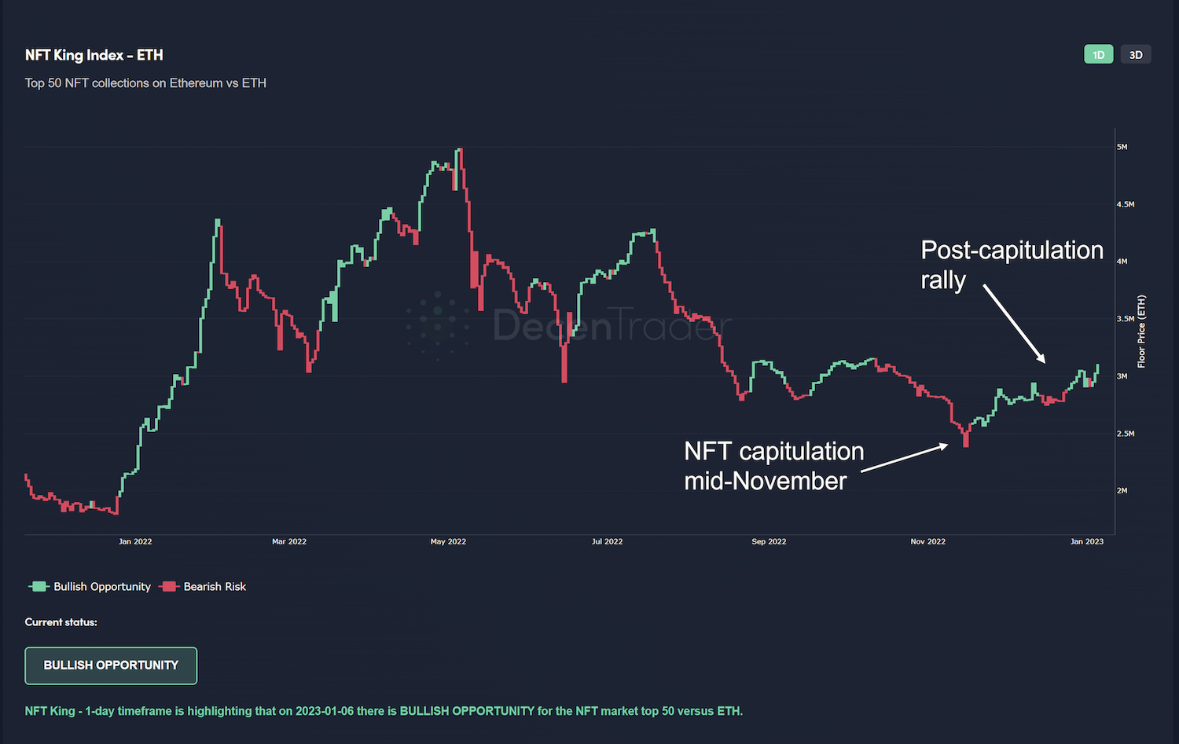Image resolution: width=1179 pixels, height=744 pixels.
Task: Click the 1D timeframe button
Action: coord(1098,54)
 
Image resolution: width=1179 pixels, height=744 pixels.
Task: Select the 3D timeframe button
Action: coord(1135,54)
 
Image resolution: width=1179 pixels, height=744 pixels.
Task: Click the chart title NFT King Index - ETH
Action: coord(94,55)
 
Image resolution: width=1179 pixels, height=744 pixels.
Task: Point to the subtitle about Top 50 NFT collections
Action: coord(145,82)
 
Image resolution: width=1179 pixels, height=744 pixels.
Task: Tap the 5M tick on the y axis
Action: coord(1122,147)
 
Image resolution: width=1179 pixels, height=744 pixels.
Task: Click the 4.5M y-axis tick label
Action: coord(1126,204)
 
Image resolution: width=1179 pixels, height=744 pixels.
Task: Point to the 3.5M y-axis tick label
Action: coord(1126,319)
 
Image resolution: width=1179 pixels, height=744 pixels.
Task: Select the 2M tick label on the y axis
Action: coord(1122,490)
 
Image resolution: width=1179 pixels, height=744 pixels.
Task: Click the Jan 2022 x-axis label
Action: coord(135,541)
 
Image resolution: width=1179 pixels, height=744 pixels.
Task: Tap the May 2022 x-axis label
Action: coord(448,541)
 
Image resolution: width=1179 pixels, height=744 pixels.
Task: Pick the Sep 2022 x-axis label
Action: coord(769,541)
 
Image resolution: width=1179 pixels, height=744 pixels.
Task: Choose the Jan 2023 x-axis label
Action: coord(1086,541)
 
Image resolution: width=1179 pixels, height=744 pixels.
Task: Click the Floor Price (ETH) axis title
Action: coord(1141,331)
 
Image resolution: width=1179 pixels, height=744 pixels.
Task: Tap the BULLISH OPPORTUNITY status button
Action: coord(111,665)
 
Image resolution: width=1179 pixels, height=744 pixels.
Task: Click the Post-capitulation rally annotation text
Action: coord(1011,265)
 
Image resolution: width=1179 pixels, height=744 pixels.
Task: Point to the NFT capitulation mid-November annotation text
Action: coord(773,466)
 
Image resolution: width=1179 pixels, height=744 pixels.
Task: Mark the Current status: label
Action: coord(61,622)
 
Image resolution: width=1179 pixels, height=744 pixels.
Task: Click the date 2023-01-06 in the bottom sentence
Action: coord(325,711)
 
